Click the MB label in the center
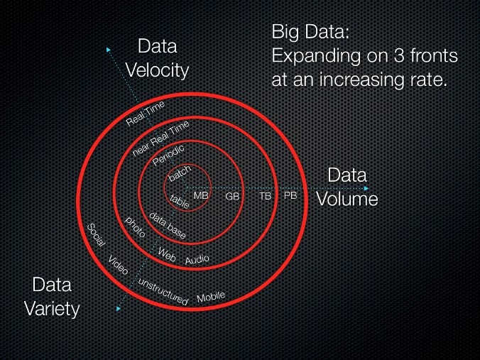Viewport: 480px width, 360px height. pos(201,195)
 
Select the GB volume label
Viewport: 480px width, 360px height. pos(232,196)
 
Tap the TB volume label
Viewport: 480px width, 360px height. pos(265,196)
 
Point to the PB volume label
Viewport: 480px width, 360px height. pos(290,195)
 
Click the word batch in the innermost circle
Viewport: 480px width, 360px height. pos(180,174)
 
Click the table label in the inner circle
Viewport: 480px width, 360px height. pos(180,202)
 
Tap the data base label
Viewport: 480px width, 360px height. pos(167,224)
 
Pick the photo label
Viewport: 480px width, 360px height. pos(135,227)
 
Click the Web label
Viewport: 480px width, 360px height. pos(167,253)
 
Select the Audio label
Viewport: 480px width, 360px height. pos(197,260)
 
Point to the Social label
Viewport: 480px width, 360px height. pos(96,235)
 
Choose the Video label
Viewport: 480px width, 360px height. pos(119,266)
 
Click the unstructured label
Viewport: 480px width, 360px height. pos(163,293)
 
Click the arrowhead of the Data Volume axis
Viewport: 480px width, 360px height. pos(366,188)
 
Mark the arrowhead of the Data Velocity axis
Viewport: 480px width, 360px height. pos(109,49)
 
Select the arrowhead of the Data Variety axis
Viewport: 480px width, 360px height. pos(117,309)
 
